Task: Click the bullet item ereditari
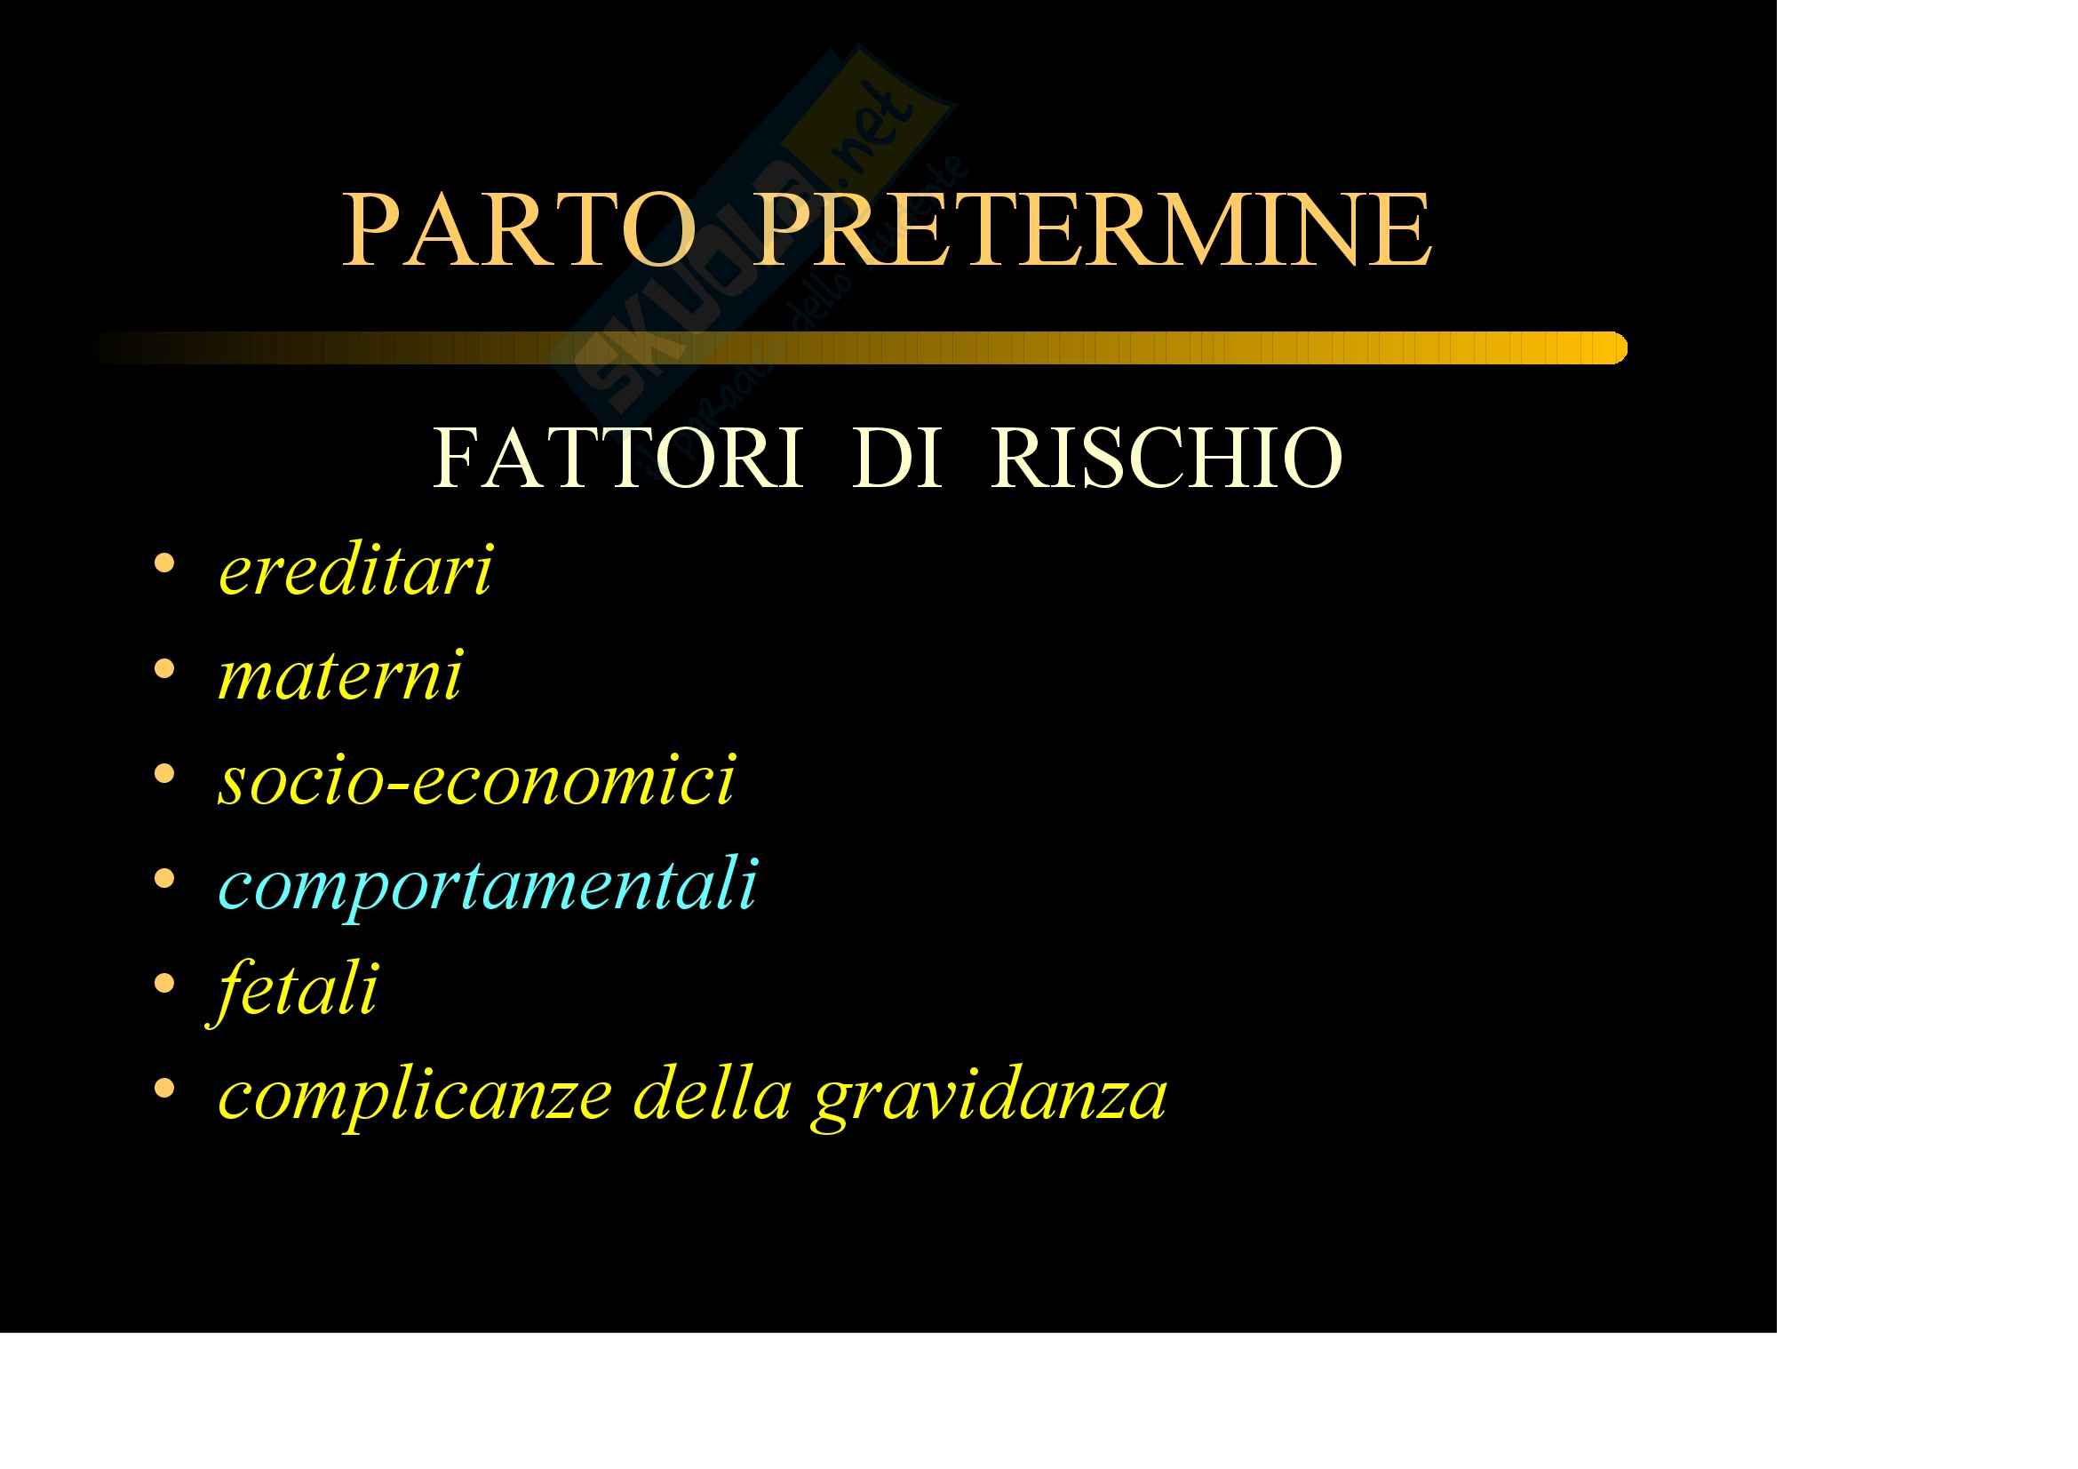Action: coord(355,571)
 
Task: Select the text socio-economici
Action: coord(477,779)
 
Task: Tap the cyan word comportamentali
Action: coord(488,886)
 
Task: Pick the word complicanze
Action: coord(416,1097)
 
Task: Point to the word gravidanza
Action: coord(989,1098)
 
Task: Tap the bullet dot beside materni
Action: coord(163,669)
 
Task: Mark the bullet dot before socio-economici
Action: coord(163,774)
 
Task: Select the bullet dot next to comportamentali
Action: coord(163,878)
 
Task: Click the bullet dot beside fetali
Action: coord(163,984)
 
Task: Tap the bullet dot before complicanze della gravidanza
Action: coord(163,1088)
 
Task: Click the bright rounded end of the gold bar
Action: coord(1618,348)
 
